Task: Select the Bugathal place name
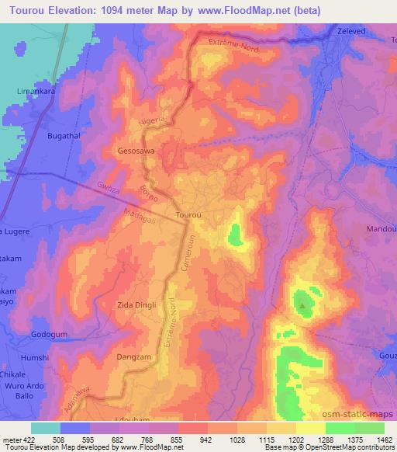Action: tap(46, 135)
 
